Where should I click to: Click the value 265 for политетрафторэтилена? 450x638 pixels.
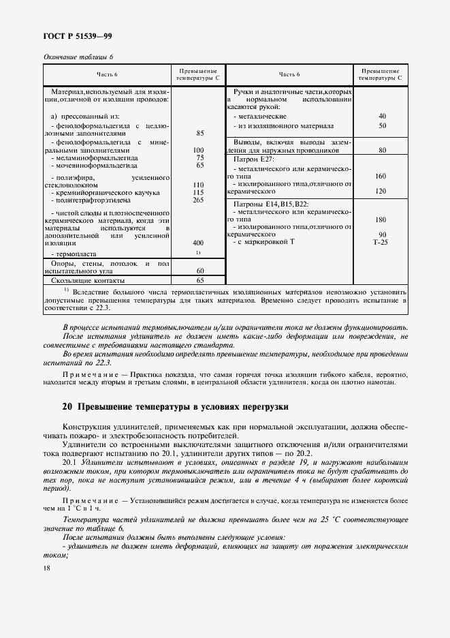(x=199, y=200)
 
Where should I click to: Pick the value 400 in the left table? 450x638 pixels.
(x=199, y=243)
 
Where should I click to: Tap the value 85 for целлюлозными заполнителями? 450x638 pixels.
(x=199, y=134)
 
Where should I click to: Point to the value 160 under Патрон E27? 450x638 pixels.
(x=381, y=176)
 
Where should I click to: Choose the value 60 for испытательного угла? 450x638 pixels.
(x=199, y=271)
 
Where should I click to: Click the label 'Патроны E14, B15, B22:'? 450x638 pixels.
(x=271, y=204)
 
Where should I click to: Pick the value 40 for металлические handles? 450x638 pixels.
(x=381, y=117)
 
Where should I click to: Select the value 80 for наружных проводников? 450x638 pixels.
(x=381, y=149)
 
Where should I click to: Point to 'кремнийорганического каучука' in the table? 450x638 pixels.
(x=106, y=193)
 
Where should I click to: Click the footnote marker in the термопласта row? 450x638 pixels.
(x=199, y=253)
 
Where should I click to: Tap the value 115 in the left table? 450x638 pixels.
(x=199, y=193)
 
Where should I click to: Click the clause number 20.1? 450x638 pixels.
(x=71, y=461)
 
